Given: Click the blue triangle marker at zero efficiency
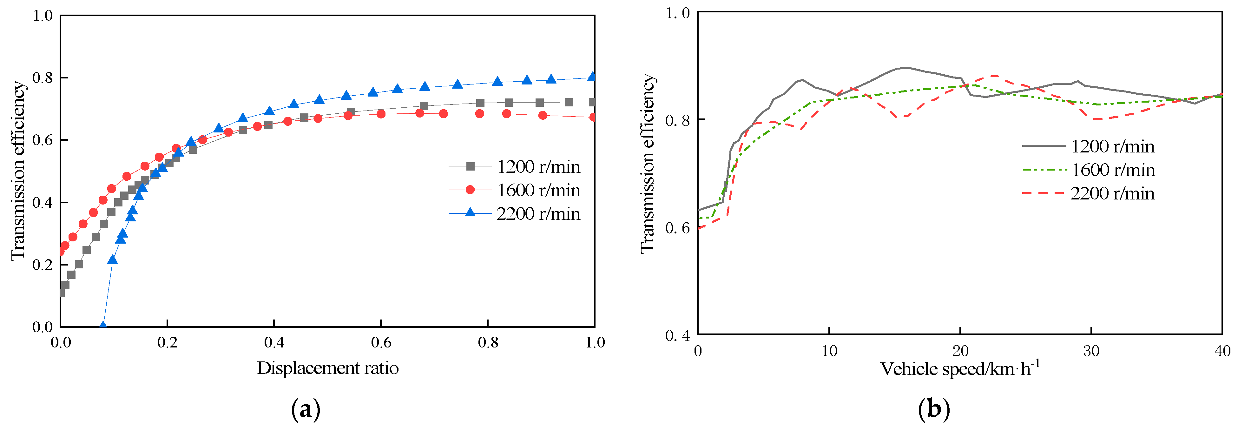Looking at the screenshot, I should (x=102, y=326).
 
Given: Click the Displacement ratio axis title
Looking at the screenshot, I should (x=327, y=368).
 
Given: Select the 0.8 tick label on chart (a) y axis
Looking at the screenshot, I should (x=42, y=78).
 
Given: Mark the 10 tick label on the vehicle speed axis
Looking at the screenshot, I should (x=829, y=352).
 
